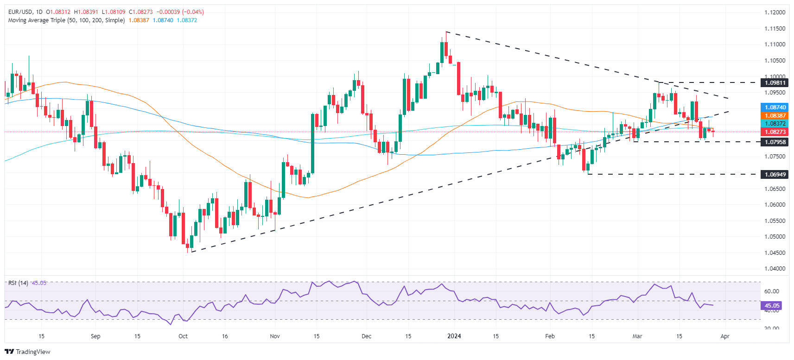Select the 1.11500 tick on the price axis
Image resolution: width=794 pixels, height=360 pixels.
coord(775,29)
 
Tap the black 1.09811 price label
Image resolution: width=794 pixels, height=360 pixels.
coord(775,83)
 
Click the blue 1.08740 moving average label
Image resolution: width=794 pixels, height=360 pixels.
coord(775,107)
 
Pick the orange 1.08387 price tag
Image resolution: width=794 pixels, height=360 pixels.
coord(775,116)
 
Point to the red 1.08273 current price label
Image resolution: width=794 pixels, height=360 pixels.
coord(775,132)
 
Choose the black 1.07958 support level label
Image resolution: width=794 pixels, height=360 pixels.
coord(775,142)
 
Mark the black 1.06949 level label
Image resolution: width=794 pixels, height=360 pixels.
coord(775,175)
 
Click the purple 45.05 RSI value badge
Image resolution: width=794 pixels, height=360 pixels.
coord(772,306)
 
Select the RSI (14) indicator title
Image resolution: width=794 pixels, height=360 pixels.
coord(18,283)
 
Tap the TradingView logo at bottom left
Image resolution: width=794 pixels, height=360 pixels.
coord(28,352)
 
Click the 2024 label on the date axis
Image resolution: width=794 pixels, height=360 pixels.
coord(454,336)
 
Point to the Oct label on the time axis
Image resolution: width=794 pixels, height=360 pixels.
coord(183,336)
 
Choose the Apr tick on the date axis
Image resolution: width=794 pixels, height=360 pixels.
coord(725,336)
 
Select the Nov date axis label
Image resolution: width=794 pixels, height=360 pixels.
coord(275,336)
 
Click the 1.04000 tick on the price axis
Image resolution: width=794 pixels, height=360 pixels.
coord(775,269)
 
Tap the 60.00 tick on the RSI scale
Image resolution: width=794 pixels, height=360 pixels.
coord(771,291)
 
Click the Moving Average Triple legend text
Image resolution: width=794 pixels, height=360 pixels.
coord(66,20)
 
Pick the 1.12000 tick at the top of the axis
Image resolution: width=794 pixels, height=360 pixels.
coord(775,13)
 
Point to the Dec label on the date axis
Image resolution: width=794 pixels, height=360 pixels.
coord(367,336)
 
